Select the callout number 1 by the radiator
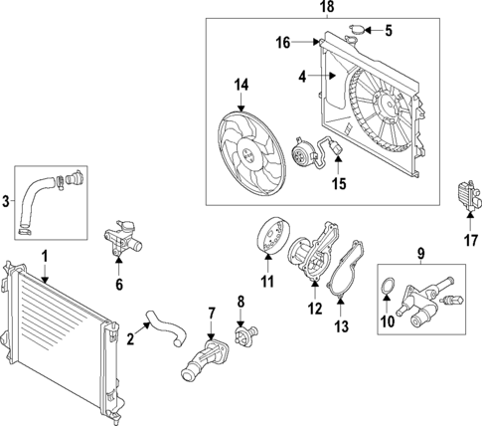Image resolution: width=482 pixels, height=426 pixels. pyautogui.click(x=45, y=257)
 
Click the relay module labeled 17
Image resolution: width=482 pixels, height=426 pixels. pyautogui.click(x=463, y=194)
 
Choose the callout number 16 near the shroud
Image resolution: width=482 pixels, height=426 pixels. pyautogui.click(x=283, y=43)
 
